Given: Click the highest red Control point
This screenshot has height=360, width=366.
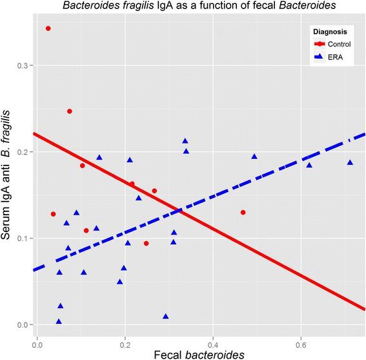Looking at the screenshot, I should click(48, 28).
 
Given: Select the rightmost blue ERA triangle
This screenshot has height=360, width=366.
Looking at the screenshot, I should click(350, 162).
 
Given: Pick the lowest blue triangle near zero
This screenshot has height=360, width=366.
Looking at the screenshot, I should click(59, 321).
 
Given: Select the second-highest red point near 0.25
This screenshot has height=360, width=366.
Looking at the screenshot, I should click(70, 111).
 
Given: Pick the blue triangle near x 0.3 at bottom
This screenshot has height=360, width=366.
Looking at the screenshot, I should click(166, 316).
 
